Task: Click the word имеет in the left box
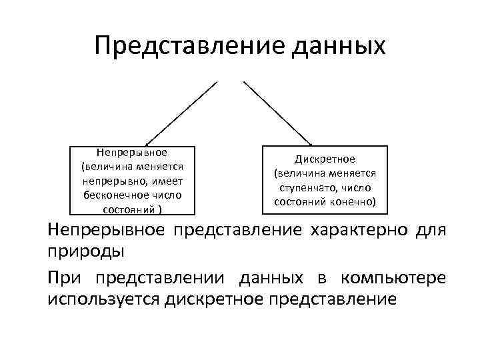point(169,181)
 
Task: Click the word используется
point(103,299)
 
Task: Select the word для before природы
point(433,231)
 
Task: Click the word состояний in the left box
point(127,209)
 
